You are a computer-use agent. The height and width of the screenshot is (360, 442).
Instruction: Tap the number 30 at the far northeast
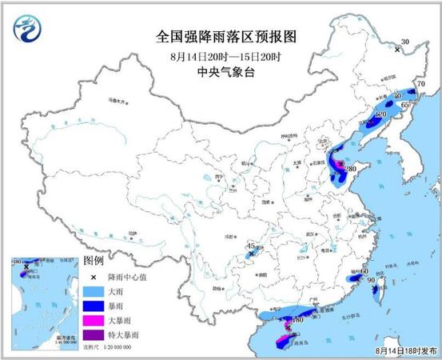click(x=404, y=42)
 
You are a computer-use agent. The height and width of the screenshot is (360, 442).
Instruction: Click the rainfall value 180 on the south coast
click(x=297, y=320)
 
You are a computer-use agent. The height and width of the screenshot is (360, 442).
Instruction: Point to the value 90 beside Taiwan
click(x=370, y=281)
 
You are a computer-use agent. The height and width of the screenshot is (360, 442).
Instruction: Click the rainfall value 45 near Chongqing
click(x=251, y=246)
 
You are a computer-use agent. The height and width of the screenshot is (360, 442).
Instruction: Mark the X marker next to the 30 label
click(x=397, y=50)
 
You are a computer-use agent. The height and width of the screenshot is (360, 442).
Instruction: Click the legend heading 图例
click(x=94, y=261)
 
